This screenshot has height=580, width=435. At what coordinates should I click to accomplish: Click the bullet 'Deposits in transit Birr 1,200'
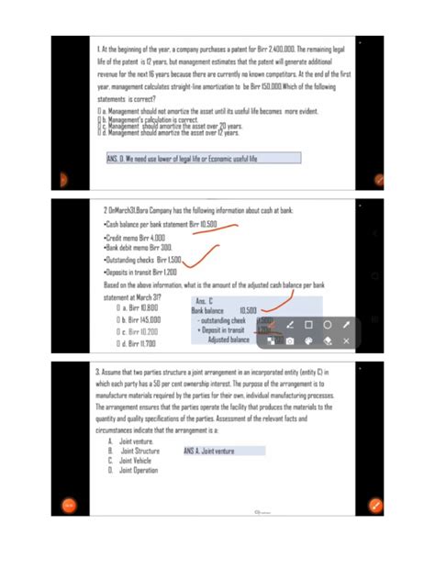point(141,273)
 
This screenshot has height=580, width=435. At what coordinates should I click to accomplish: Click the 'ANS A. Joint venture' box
point(224,451)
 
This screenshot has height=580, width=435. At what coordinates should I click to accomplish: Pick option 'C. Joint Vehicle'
point(130,461)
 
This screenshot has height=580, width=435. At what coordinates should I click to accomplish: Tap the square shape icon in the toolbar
point(308,325)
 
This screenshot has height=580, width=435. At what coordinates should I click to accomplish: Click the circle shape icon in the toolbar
point(328,325)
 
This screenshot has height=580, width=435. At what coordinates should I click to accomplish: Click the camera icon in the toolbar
point(289,341)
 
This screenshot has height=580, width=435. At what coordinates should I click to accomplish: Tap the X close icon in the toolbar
point(347,341)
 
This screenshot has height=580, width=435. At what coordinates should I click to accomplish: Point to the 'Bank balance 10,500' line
point(225,310)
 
